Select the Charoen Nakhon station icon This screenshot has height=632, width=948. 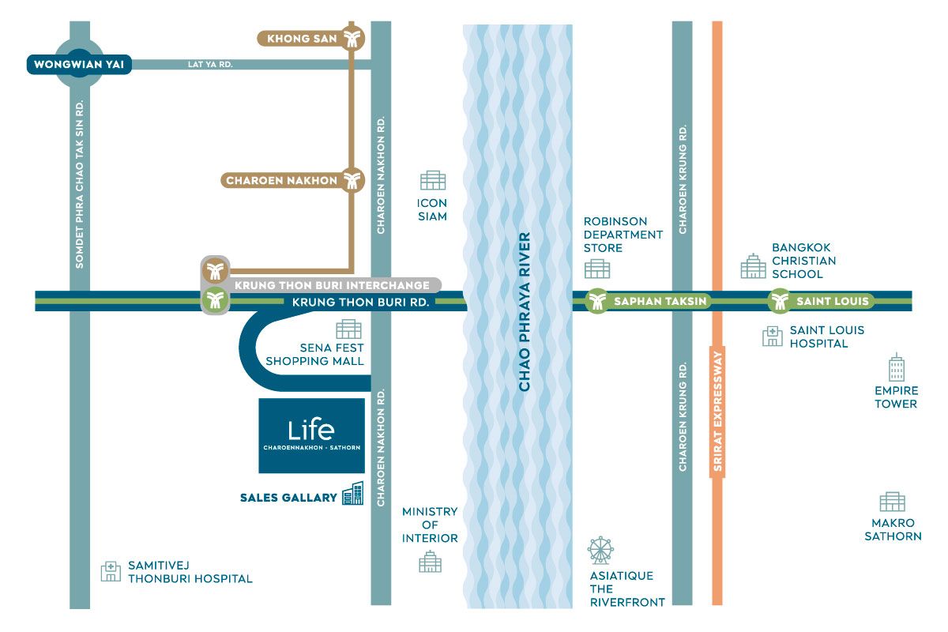click(x=352, y=180)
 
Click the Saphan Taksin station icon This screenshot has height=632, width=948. click(x=598, y=301)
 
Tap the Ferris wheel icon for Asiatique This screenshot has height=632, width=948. click(x=600, y=550)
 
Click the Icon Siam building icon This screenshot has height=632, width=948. click(x=433, y=180)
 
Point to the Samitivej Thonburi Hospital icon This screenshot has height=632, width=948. click(x=111, y=571)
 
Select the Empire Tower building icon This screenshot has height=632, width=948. click(x=896, y=368)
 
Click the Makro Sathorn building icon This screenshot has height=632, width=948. click(x=893, y=502)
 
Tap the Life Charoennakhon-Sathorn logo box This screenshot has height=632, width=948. click(x=312, y=435)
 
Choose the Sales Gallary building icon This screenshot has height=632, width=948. click(x=352, y=494)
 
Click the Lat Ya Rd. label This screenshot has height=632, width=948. click(x=209, y=64)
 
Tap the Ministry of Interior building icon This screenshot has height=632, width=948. click(x=430, y=562)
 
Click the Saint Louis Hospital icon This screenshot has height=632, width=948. click(x=772, y=337)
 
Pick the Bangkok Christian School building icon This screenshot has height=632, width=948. click(x=753, y=266)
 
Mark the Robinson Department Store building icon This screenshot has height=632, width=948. click(x=597, y=269)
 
